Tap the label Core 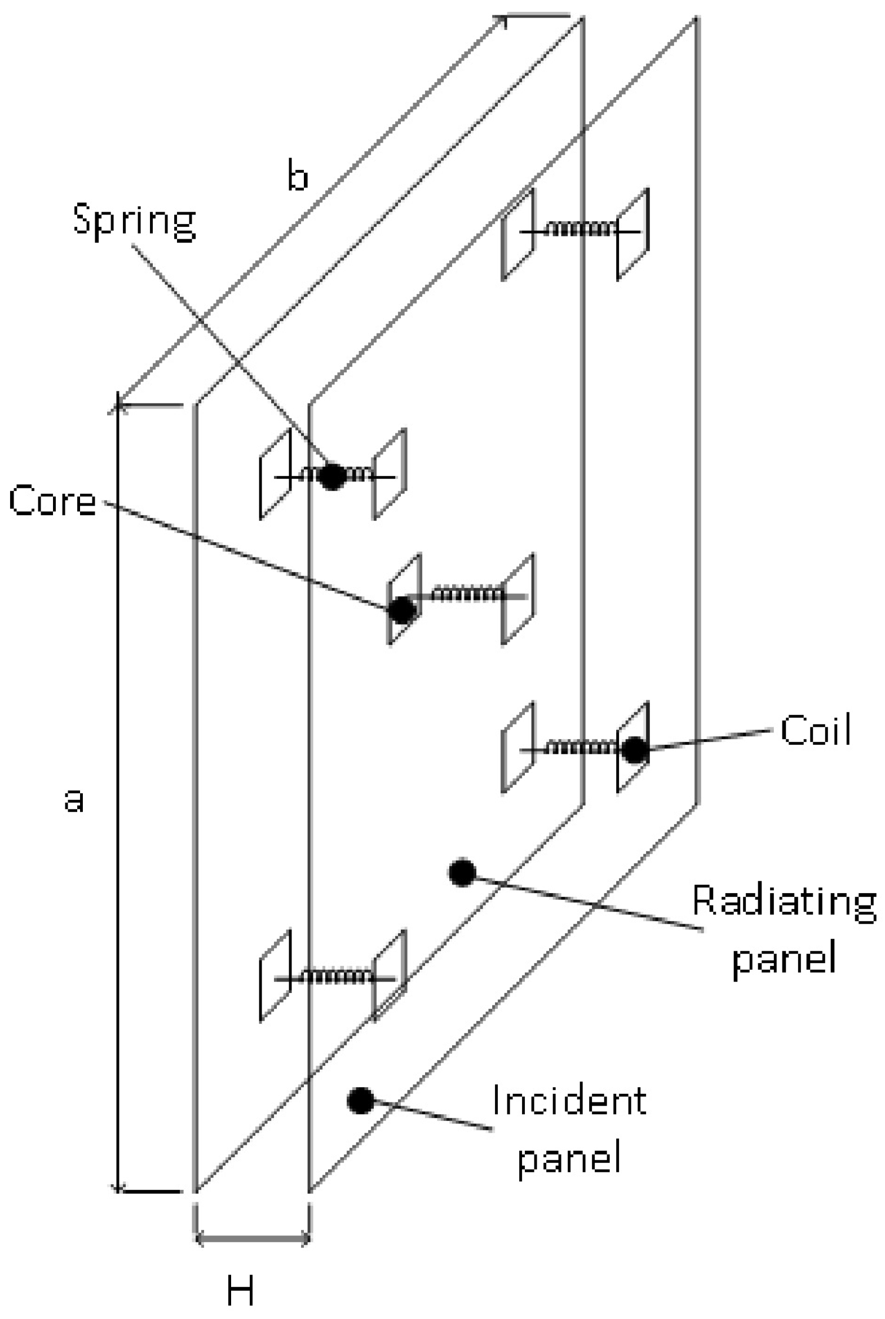pos(52,500)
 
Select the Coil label pos(816,731)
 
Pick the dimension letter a pos(73,800)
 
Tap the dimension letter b pos(298,177)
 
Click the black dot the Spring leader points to pos(332,476)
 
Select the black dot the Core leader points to pos(402,609)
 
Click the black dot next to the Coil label pos(635,750)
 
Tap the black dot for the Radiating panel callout pos(462,873)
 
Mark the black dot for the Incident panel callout pos(361,1100)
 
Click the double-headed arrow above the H pos(253,1239)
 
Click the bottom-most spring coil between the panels pos(338,975)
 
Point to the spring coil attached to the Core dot pos(466,595)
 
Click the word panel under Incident pos(569,1157)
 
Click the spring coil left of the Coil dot pos(581,749)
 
